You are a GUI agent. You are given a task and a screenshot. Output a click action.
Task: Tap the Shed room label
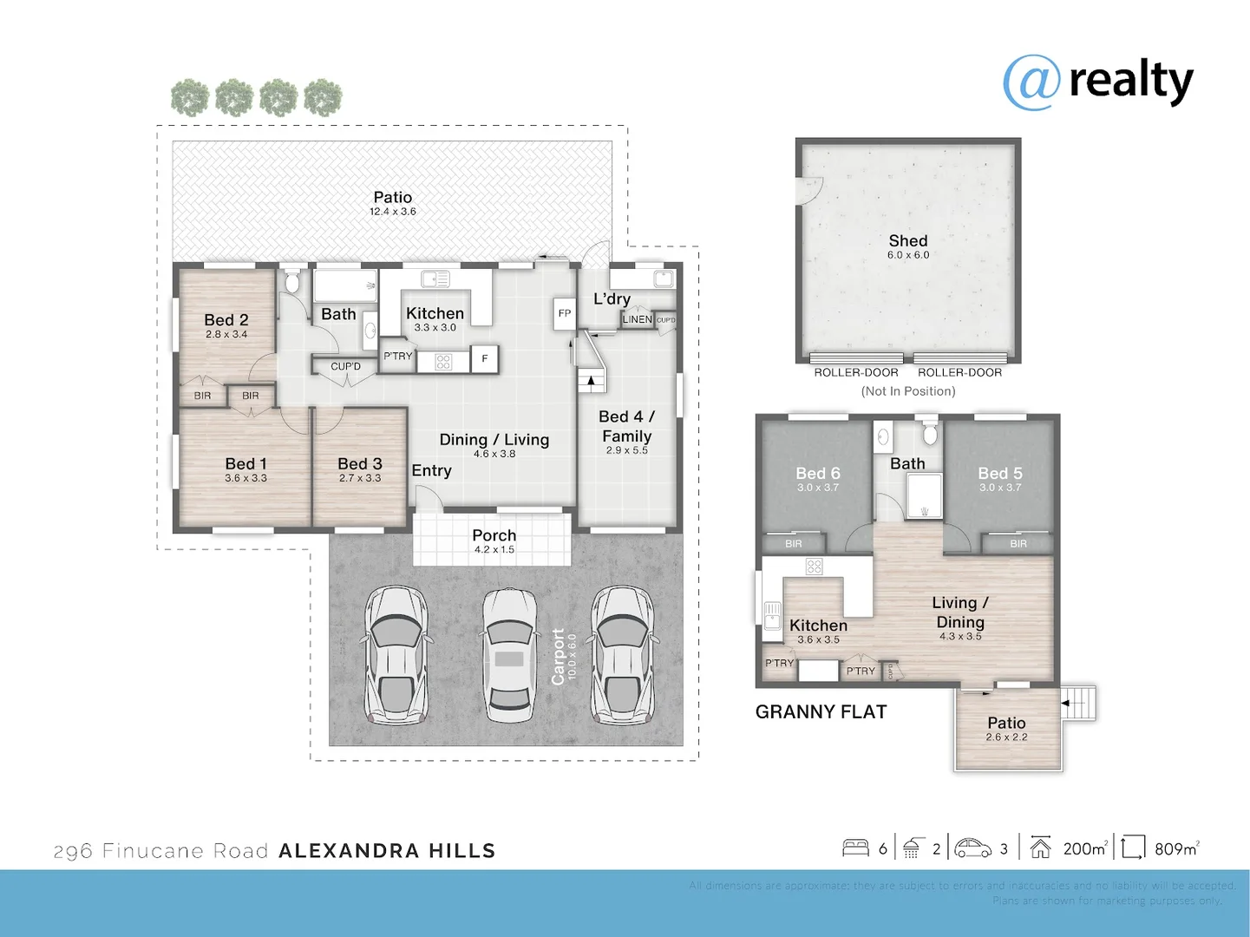[907, 241]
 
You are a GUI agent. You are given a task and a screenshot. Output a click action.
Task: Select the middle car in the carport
[509, 656]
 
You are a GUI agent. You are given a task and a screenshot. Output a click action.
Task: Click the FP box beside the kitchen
[565, 313]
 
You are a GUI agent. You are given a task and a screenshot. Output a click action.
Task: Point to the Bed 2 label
[226, 320]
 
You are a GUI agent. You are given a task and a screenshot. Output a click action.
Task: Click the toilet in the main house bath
[291, 281]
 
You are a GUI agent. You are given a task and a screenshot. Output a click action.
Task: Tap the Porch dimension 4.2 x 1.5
[494, 550]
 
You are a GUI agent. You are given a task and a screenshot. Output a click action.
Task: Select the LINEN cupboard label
[637, 319]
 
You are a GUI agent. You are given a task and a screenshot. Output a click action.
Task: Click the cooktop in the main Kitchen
[443, 362]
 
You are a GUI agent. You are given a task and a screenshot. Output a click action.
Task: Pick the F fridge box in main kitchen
[484, 358]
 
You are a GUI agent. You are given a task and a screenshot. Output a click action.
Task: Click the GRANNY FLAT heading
[821, 712]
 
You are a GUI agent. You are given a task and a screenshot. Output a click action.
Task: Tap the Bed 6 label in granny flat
[817, 474]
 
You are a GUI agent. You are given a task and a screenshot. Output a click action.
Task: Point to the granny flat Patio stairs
[1078, 702]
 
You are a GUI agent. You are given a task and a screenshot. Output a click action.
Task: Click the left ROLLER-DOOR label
[855, 373]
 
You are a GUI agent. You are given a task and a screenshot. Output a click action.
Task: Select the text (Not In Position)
[907, 391]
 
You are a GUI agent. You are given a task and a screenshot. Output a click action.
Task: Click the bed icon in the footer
[855, 848]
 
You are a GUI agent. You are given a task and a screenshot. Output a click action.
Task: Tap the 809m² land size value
[1176, 849]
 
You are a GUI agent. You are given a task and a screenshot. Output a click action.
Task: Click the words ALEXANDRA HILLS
[387, 851]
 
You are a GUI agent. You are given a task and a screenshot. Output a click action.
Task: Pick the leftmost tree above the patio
[189, 98]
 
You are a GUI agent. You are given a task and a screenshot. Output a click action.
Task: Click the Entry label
[431, 470]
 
